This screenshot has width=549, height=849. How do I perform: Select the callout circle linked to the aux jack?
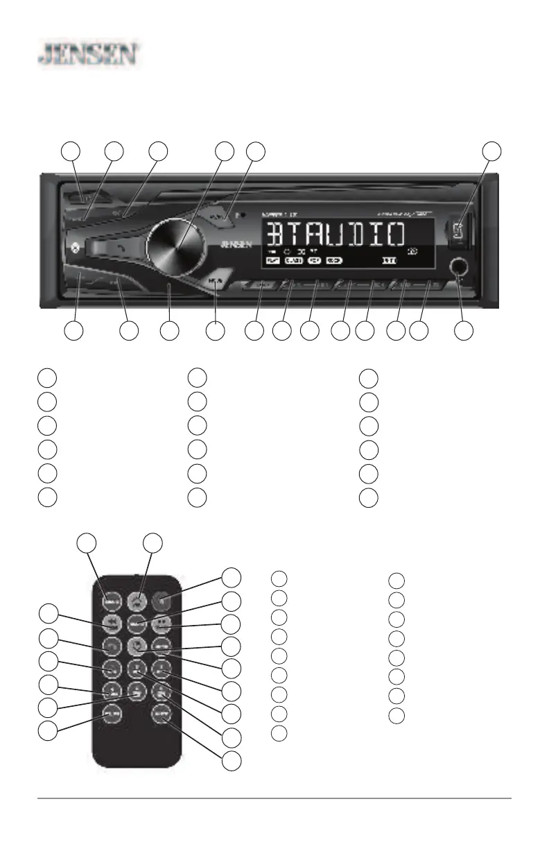coord(464,332)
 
